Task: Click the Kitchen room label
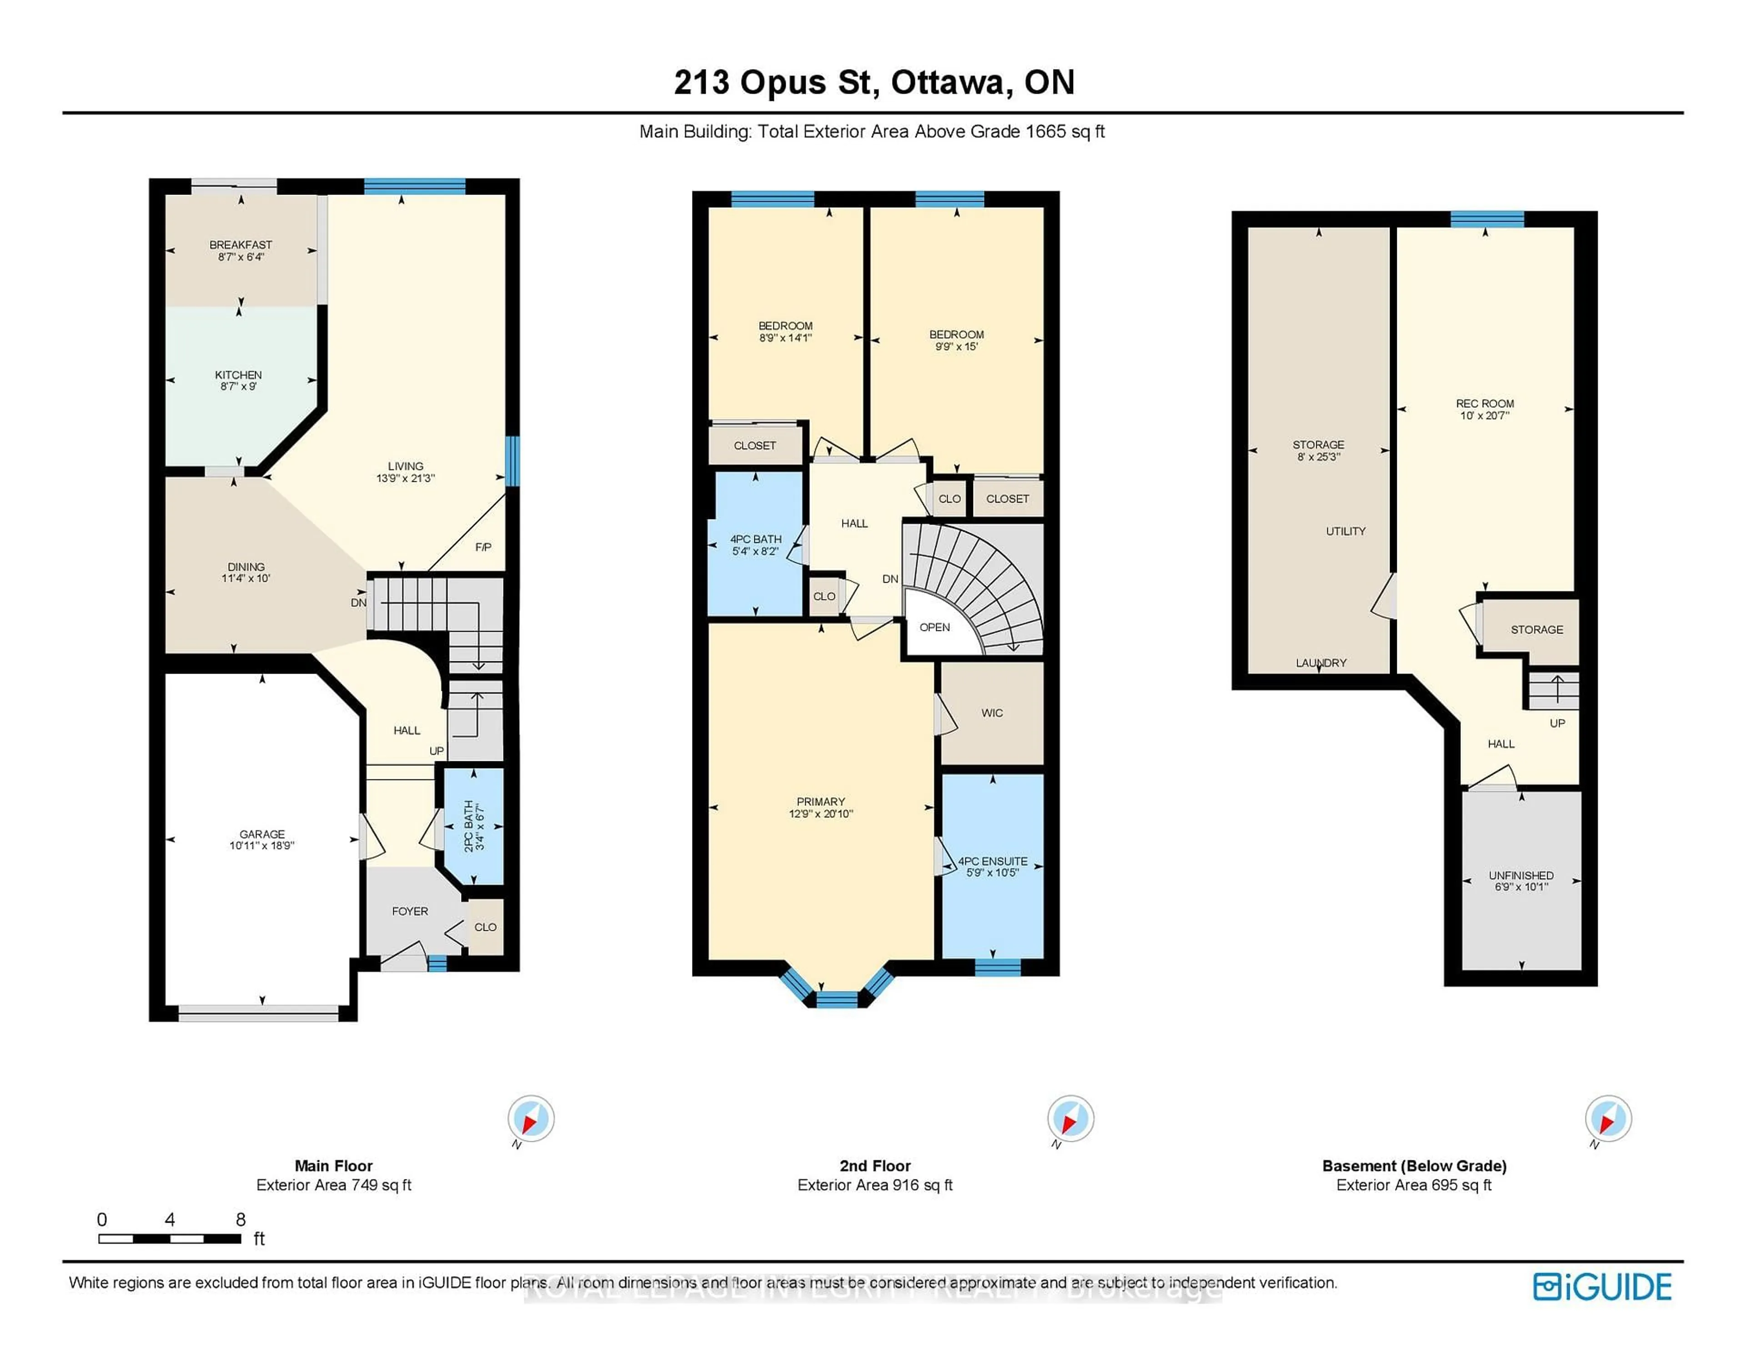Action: (238, 375)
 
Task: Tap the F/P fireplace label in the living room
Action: (483, 547)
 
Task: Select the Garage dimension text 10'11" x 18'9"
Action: (262, 845)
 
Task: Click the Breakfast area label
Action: (241, 245)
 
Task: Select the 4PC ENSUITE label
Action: (993, 861)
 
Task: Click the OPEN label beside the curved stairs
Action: (934, 627)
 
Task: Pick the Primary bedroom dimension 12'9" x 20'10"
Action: (820, 814)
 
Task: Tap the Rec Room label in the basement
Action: (1485, 404)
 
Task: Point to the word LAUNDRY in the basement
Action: (1321, 663)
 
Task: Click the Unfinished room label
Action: (1520, 875)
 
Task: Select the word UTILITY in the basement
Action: (1345, 531)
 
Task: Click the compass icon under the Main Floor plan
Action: (531, 1118)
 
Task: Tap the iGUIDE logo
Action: (1602, 1287)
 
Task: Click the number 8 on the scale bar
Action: (241, 1219)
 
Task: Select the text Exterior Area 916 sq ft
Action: (875, 1185)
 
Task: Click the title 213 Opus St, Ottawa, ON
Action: (874, 82)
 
